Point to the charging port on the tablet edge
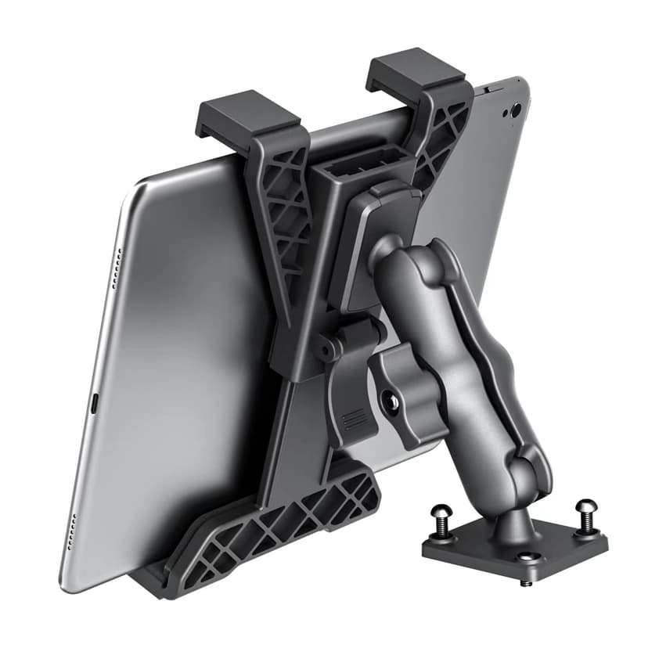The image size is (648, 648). pyautogui.click(x=94, y=403)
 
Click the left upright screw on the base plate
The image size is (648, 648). pyautogui.click(x=439, y=520)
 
